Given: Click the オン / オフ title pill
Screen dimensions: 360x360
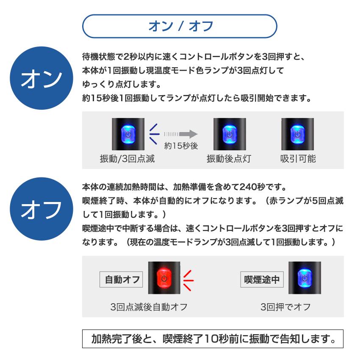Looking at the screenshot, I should pos(180,27).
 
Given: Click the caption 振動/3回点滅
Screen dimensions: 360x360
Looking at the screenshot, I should pos(127,159).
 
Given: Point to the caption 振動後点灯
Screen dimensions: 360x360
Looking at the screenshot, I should pos(229,159).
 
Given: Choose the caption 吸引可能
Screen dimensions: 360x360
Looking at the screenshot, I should pos(298,159).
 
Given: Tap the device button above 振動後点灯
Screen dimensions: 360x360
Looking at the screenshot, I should pos(229,134).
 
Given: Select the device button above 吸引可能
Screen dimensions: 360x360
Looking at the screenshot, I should pos(298,134).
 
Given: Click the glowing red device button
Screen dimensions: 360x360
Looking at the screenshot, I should pos(164,279).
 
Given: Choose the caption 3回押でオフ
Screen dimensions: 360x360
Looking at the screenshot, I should pos(286,306).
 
